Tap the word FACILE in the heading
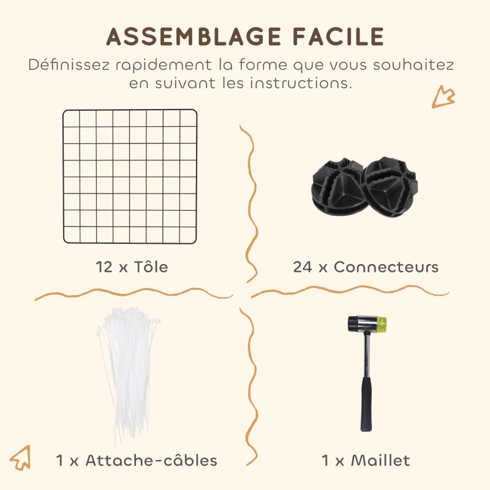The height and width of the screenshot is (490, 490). pos(334,37)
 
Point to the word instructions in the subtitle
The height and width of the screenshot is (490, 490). pos(300,83)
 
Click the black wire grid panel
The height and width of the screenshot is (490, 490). pos(130,176)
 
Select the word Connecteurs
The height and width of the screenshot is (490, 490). pos(386,267)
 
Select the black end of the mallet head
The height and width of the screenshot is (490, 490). pos(353,323)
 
